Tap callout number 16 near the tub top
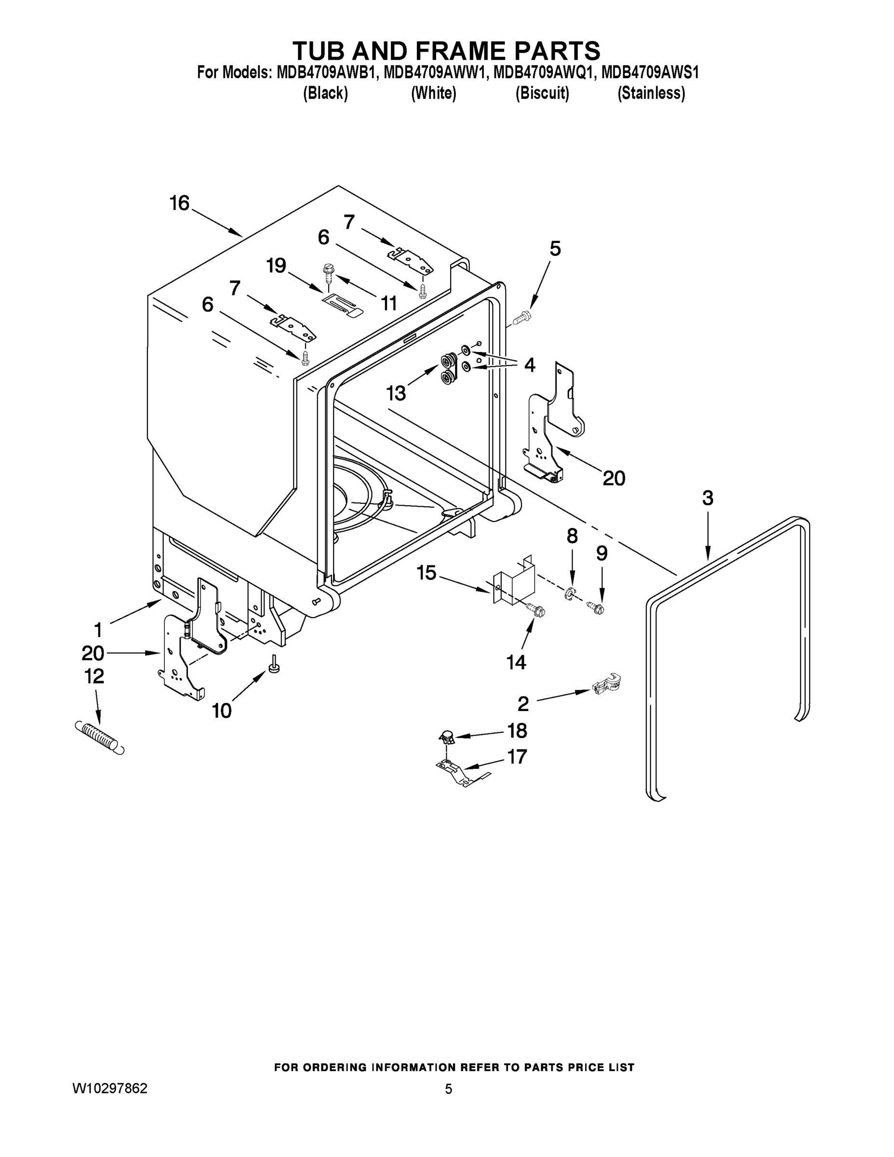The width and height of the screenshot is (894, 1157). [x=180, y=203]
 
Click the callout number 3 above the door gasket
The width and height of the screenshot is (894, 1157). [x=707, y=498]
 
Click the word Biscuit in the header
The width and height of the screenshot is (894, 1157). [x=542, y=93]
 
